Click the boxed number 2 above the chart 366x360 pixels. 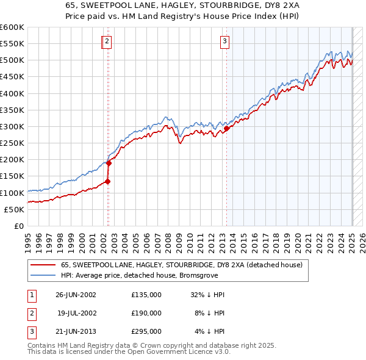(107, 41)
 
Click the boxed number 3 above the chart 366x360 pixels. (224, 41)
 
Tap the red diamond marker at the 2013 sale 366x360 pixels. (226, 128)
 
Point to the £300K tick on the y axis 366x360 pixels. (13, 126)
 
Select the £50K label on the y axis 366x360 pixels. (15, 209)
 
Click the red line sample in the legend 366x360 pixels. (43, 265)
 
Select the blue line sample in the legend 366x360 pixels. (43, 275)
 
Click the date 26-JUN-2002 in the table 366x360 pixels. (76, 294)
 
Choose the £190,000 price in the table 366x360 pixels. (146, 313)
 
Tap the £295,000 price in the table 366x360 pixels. (146, 332)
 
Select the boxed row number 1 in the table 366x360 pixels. (30, 294)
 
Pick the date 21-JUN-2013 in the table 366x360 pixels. (76, 332)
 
